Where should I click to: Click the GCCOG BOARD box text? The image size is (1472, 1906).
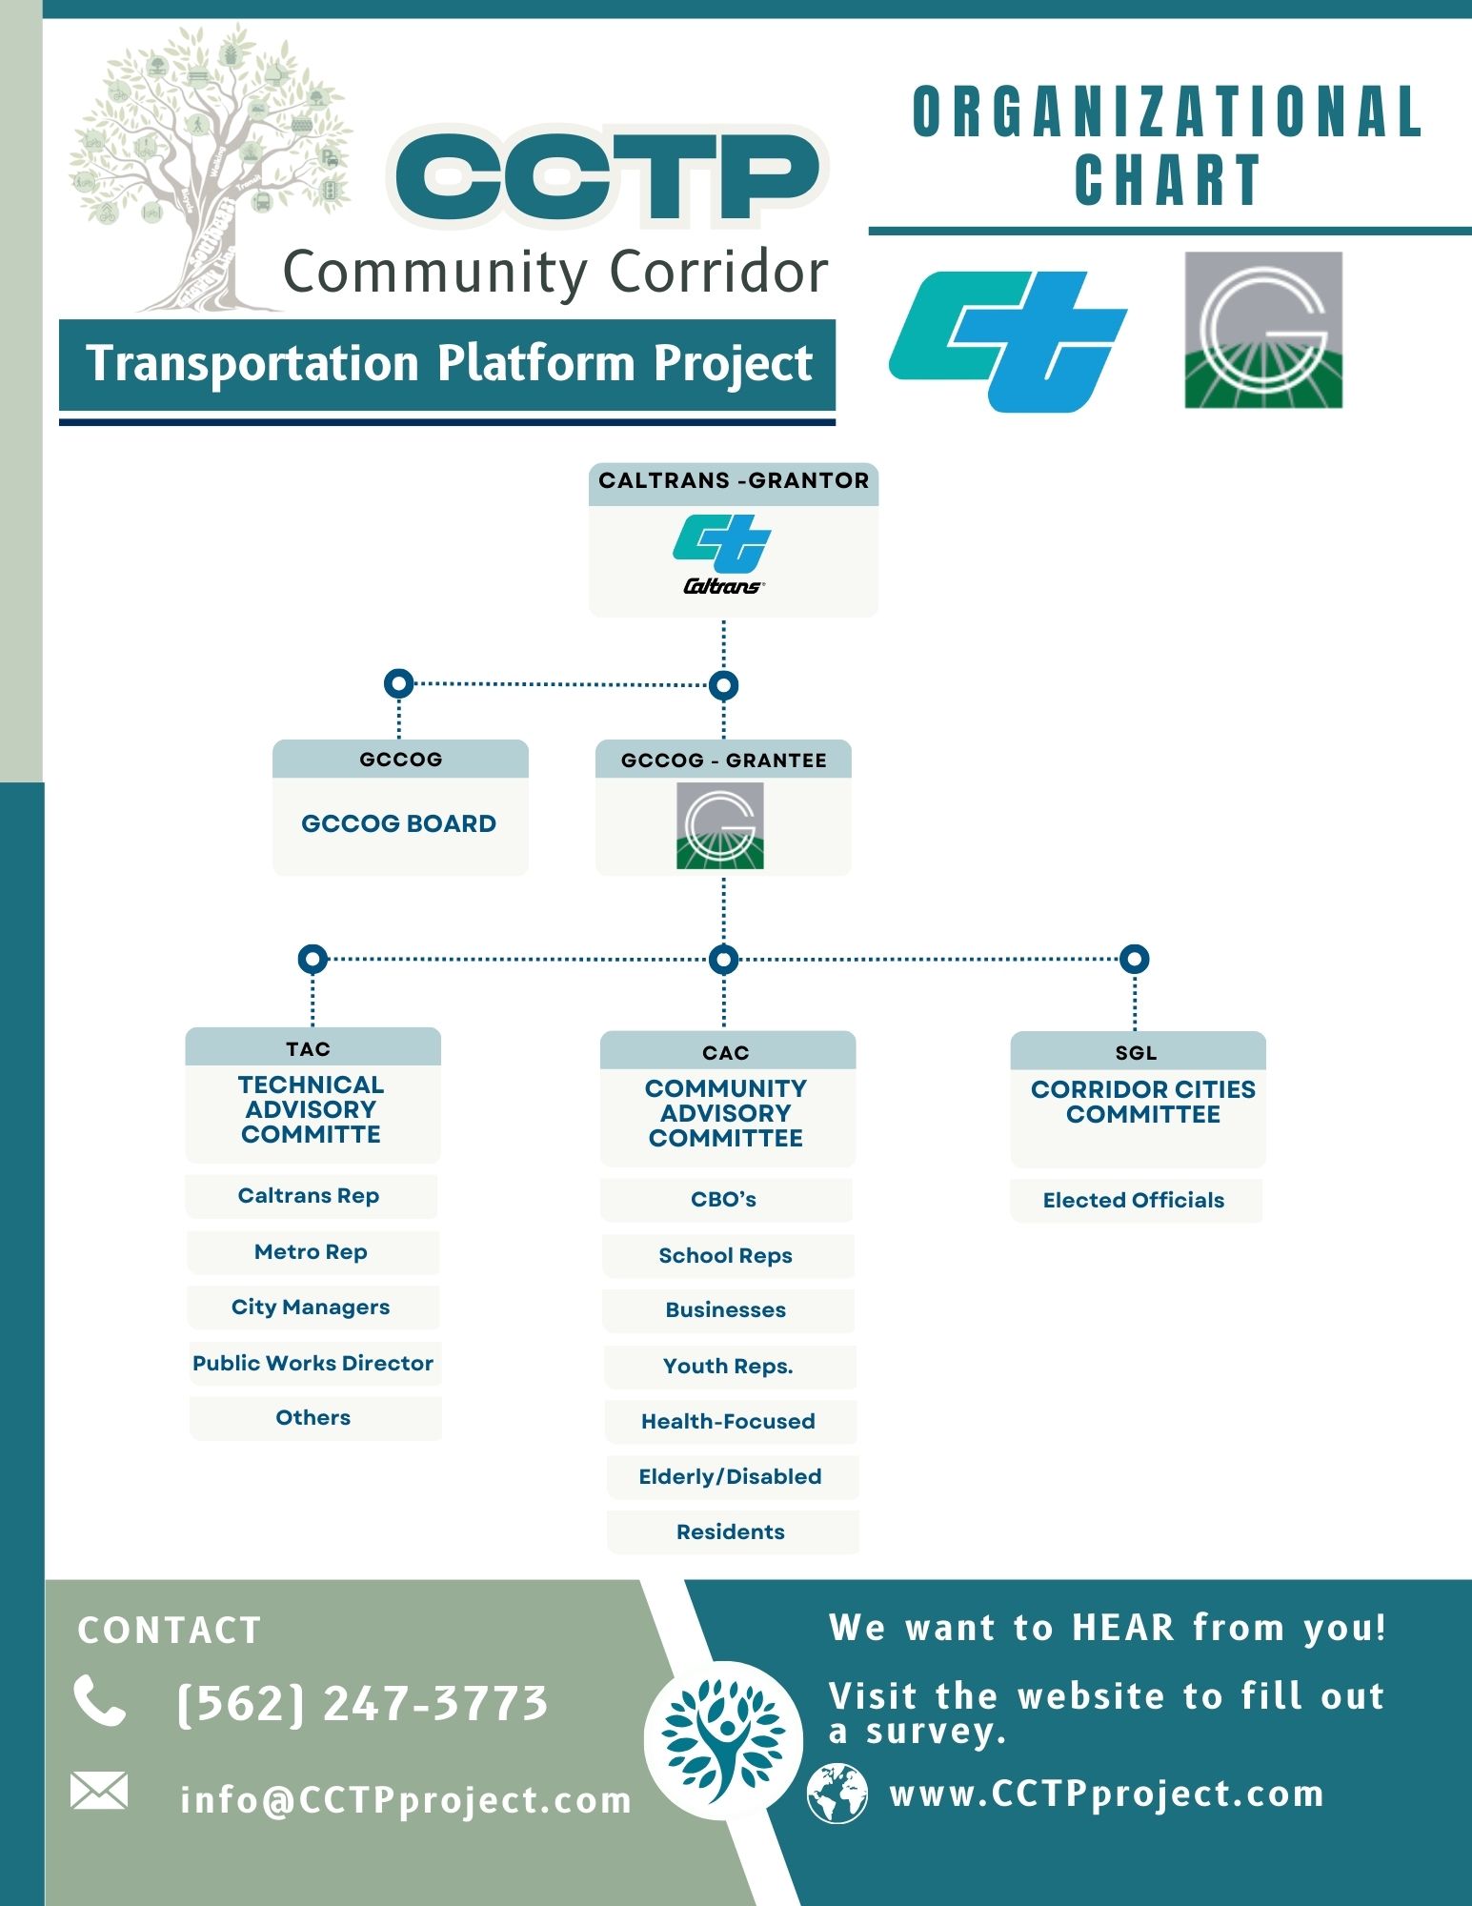398,823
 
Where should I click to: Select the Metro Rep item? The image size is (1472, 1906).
311,1252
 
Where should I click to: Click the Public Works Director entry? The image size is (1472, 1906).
313,1363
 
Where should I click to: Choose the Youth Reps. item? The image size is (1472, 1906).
728,1366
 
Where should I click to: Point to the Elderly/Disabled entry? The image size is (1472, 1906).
730,1476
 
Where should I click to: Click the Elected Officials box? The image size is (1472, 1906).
1134,1200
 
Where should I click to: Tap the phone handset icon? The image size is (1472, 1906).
100,1701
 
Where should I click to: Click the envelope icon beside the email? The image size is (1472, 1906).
99,1791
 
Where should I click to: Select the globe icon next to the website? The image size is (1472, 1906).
837,1794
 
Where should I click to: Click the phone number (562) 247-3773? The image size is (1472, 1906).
363,1703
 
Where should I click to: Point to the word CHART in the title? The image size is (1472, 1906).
1167,180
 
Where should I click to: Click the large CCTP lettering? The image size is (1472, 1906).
607,177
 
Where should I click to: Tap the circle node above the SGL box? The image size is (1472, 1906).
1134,959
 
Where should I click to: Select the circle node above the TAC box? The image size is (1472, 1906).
313,959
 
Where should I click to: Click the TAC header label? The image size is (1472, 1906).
308,1049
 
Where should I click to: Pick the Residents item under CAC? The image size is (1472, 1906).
731,1531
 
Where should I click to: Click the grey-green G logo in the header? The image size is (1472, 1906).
1263,330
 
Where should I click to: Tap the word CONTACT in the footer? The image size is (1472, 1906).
170,1631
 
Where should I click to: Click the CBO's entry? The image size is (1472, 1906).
724,1199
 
